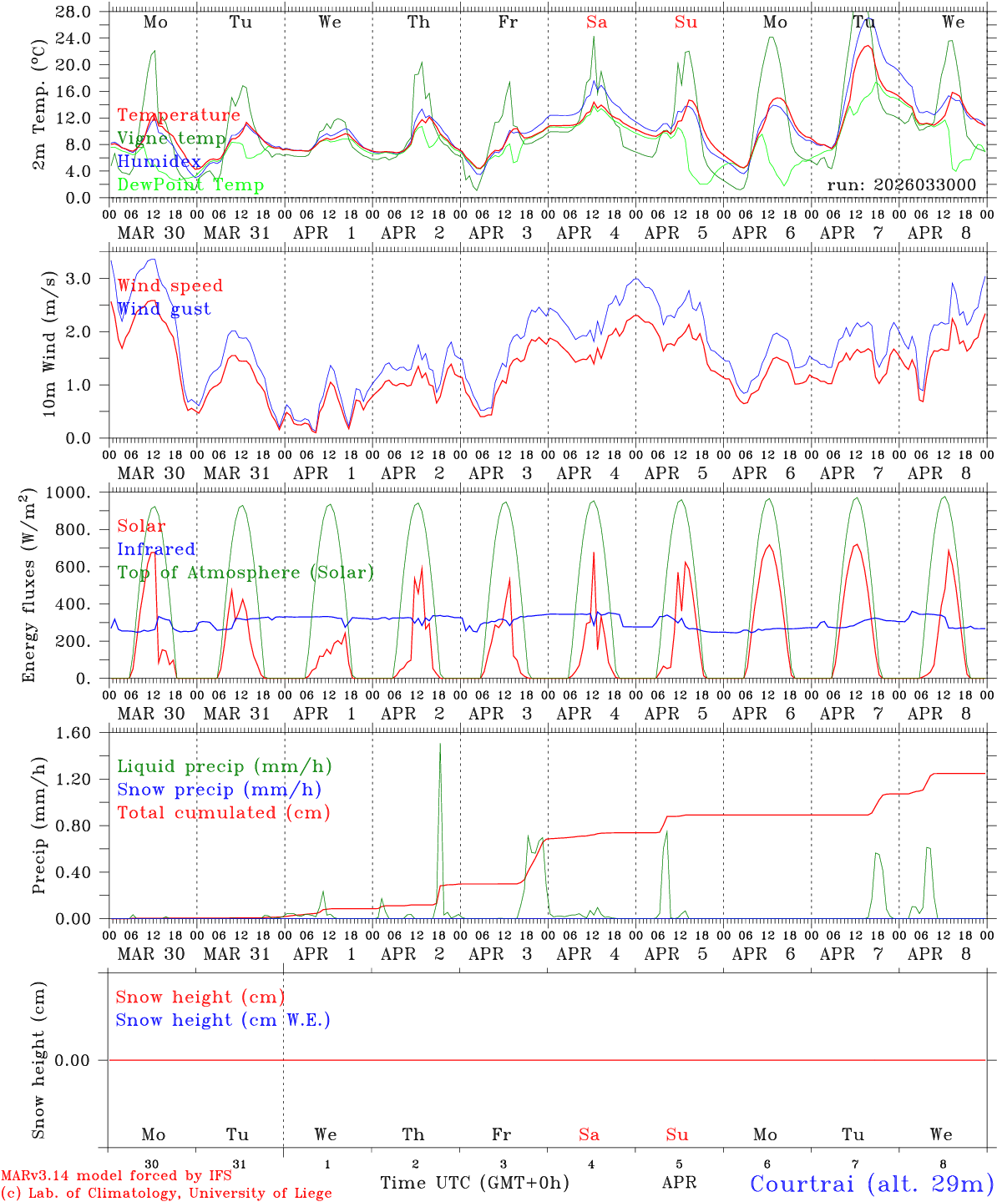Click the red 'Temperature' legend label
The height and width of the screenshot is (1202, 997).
coord(178,115)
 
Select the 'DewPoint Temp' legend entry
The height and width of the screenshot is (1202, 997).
coord(190,185)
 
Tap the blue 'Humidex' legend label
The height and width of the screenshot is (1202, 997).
coord(159,162)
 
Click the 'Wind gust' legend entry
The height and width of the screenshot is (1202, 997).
coord(164,309)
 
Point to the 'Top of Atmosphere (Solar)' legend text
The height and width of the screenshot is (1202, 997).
coord(245,573)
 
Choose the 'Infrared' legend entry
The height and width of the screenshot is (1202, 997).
coord(156,549)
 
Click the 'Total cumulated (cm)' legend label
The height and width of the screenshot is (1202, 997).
coord(223,813)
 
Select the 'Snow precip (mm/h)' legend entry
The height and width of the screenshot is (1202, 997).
coord(219,790)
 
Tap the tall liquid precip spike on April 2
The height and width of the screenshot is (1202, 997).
coord(440,747)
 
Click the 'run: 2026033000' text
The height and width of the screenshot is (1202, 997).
coord(901,184)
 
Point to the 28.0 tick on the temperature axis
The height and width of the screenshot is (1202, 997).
coord(74,12)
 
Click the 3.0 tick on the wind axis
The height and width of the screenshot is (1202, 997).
coord(81,278)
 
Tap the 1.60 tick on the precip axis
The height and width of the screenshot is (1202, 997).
coord(76,733)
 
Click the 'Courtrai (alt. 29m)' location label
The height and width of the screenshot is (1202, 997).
coord(872,1183)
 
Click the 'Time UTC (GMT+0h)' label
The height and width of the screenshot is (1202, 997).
coord(474,1183)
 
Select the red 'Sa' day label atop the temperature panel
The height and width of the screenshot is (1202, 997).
coord(596,23)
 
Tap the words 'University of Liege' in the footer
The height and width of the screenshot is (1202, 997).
coord(260,1194)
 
